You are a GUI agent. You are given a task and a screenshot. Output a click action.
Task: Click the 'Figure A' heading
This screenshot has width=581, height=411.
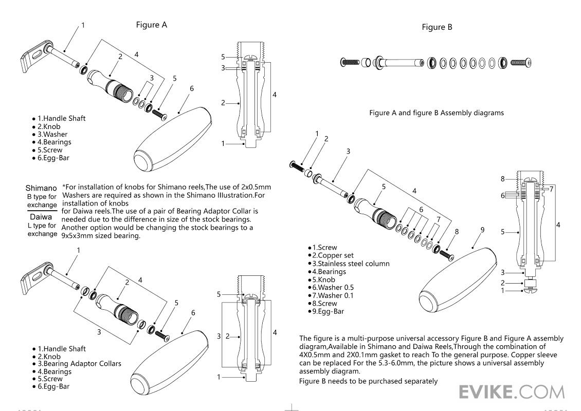pyautogui.click(x=151, y=25)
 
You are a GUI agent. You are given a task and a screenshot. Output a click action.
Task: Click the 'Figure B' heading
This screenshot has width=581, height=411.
pyautogui.click(x=437, y=27)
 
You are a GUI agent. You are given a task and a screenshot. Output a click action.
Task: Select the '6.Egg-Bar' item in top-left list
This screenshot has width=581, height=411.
pyautogui.click(x=52, y=158)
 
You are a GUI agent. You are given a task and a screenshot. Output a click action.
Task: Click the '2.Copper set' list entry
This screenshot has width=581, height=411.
pyautogui.click(x=332, y=255)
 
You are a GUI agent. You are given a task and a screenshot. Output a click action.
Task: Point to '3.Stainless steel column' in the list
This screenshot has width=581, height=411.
pyautogui.click(x=350, y=264)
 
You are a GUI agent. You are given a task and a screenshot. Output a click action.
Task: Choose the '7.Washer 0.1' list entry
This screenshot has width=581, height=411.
pyautogui.click(x=333, y=295)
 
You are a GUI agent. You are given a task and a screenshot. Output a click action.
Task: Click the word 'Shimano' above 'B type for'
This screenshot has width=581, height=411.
pyautogui.click(x=41, y=188)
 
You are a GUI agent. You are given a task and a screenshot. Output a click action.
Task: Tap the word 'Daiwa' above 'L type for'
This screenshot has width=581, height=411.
pyautogui.click(x=41, y=217)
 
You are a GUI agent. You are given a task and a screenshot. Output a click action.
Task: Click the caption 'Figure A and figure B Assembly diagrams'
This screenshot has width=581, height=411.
pyautogui.click(x=436, y=113)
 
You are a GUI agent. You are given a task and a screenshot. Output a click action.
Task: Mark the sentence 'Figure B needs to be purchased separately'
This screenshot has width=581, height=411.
pyautogui.click(x=368, y=381)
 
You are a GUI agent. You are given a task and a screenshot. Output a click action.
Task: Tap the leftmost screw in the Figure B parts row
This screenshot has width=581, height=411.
pyautogui.click(x=349, y=63)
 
